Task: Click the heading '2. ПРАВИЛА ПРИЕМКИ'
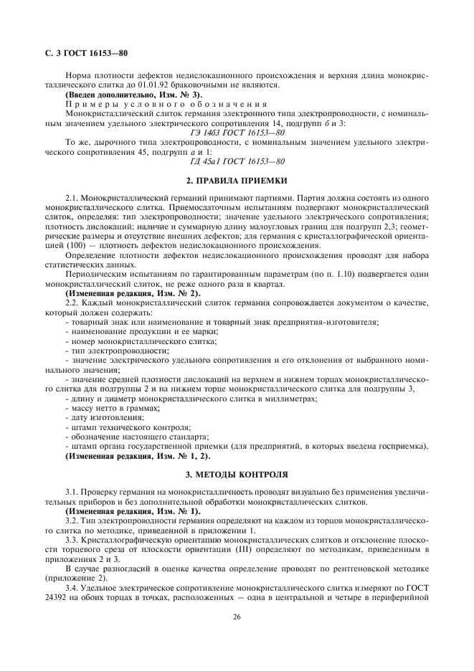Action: (x=237, y=181)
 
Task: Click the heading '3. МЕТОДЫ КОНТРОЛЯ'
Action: (x=237, y=474)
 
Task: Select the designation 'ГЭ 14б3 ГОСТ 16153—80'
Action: (x=237, y=133)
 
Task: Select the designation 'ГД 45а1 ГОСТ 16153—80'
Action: (x=237, y=161)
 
